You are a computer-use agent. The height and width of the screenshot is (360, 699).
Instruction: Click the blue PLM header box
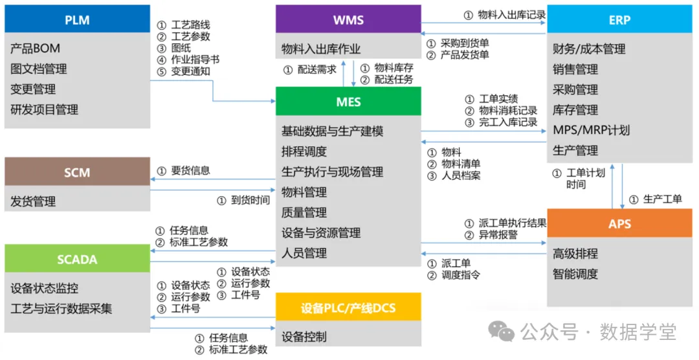[x=77, y=20]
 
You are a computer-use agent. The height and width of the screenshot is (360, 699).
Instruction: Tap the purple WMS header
[x=348, y=19]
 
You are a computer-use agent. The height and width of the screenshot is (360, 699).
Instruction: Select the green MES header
[x=348, y=102]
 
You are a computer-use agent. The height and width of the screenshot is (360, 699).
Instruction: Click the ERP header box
[x=619, y=19]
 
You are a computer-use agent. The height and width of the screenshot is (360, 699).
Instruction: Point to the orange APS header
[x=619, y=224]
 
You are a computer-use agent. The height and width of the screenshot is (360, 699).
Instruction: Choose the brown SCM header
[x=77, y=172]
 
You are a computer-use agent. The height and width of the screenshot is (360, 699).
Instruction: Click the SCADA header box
[x=77, y=260]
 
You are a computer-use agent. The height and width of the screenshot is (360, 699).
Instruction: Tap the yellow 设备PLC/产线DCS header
[x=348, y=308]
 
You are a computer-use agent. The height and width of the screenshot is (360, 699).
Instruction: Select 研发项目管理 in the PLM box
[x=44, y=109]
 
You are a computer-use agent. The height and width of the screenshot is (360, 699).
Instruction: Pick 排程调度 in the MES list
[x=304, y=152]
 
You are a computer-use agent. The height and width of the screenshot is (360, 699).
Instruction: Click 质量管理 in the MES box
[x=304, y=212]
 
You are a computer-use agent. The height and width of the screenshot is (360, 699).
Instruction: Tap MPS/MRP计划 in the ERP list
[x=591, y=130]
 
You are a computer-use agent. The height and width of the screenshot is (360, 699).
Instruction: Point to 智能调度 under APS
[x=575, y=274]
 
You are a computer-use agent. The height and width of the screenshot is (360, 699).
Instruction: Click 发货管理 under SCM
[x=33, y=201]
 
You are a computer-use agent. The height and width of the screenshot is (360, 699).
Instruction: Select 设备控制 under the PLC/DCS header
[x=304, y=337]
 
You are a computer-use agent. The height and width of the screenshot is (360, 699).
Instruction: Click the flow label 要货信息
[x=190, y=171]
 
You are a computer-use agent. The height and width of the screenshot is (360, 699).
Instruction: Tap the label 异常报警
[x=498, y=235]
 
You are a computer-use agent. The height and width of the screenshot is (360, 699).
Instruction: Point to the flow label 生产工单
[x=663, y=199]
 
